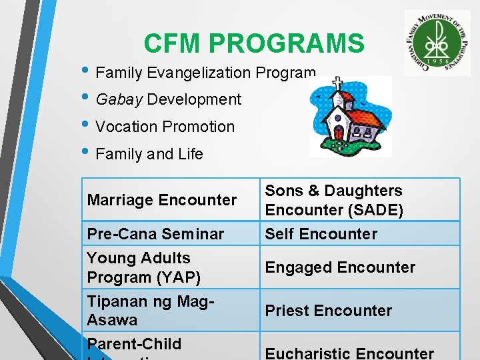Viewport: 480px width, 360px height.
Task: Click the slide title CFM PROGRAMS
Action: [254, 44]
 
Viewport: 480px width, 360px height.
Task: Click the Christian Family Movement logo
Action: [437, 42]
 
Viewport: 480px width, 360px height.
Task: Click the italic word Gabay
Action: [119, 100]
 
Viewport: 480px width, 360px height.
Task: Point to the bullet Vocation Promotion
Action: [165, 127]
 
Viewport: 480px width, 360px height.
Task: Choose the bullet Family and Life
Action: [149, 154]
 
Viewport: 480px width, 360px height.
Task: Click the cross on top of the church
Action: [338, 85]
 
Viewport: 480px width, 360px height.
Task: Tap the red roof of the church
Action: [366, 117]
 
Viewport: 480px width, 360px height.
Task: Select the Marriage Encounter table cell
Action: [162, 200]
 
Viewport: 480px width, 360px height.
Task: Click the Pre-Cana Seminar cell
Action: [155, 234]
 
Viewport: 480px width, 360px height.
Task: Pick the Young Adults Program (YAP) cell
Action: [143, 267]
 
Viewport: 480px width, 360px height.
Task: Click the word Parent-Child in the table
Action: [134, 344]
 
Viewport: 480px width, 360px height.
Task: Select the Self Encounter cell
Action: [321, 234]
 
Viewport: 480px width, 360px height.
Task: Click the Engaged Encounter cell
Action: [340, 267]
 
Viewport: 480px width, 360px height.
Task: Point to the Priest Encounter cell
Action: [329, 311]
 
